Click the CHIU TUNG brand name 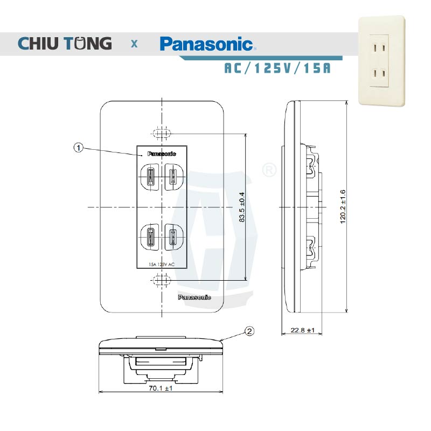65,43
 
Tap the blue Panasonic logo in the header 206,43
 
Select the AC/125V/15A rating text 277,69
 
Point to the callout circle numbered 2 249,331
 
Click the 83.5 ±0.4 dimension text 242,207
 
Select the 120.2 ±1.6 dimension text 343,207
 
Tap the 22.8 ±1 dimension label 302,330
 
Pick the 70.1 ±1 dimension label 161,388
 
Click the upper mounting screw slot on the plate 161,133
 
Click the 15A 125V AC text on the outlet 162,265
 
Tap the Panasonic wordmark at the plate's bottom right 194,297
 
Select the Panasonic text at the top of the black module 162,154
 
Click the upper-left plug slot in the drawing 150,176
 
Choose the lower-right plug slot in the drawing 172,235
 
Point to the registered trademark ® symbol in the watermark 268,170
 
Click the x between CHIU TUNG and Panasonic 134,44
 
